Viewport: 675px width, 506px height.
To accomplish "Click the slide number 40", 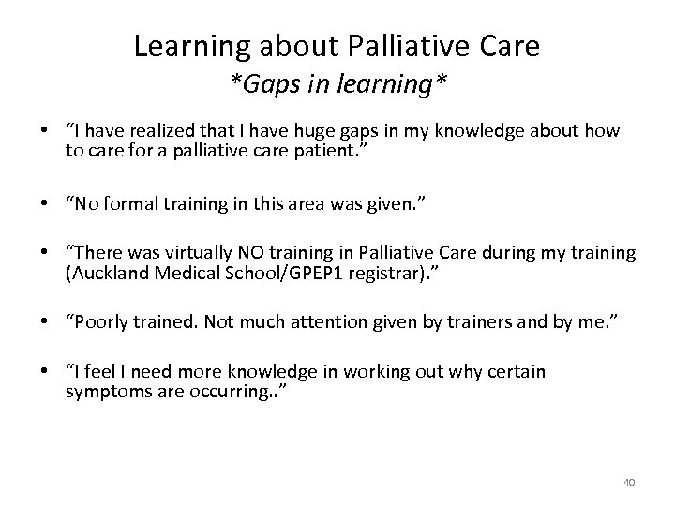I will [x=629, y=483].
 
